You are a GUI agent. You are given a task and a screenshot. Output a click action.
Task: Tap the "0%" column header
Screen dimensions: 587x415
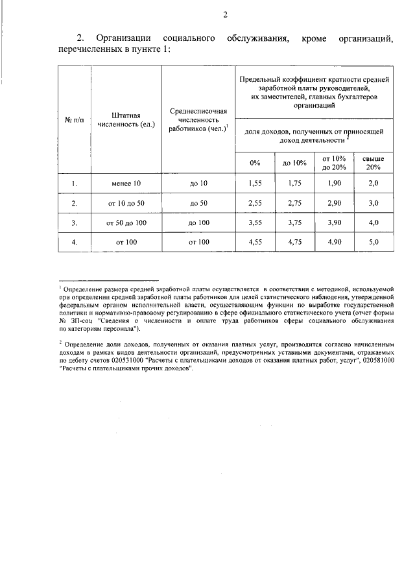[255, 163]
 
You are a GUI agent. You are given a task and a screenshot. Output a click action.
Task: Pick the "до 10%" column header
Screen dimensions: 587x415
[294, 163]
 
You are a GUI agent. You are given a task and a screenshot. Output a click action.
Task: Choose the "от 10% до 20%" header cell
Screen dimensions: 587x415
[334, 163]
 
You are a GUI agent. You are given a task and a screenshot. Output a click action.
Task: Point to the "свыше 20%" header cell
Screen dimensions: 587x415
[373, 163]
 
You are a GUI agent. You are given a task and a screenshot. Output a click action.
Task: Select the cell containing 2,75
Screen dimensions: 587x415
[294, 203]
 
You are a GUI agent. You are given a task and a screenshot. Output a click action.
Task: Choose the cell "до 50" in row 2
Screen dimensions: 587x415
[198, 203]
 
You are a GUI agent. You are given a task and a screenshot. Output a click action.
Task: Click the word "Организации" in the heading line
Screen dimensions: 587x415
[123, 40]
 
